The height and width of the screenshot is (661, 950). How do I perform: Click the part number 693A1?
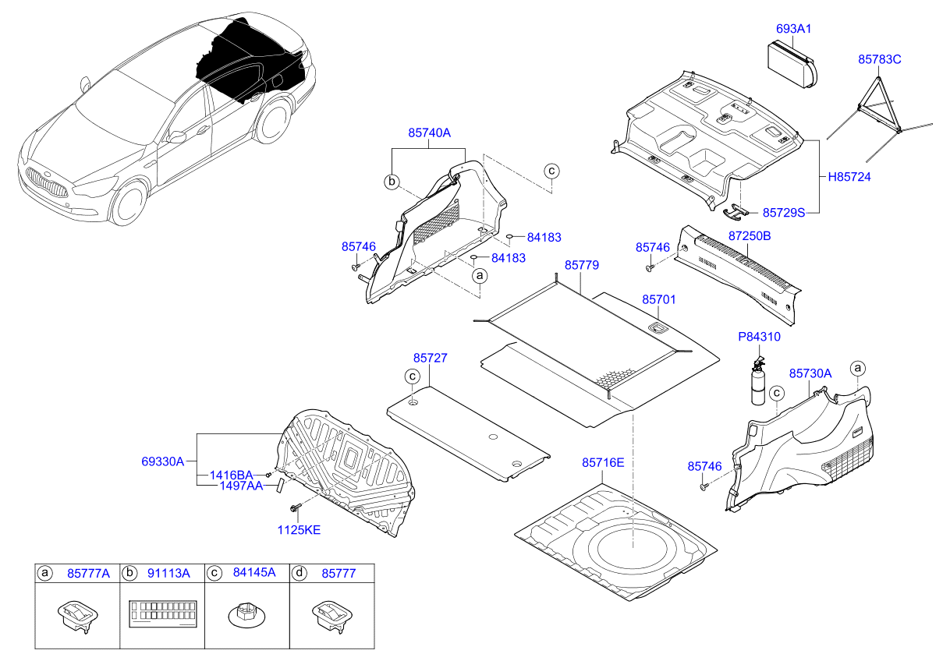[x=793, y=29]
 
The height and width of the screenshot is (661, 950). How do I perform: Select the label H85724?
[x=849, y=177]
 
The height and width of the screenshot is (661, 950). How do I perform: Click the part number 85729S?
[x=783, y=212]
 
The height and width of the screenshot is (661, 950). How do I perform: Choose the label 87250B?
[x=750, y=236]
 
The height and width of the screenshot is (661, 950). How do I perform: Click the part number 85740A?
[x=429, y=133]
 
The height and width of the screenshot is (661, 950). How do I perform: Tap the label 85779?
[x=581, y=265]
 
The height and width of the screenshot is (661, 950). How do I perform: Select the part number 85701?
[x=658, y=299]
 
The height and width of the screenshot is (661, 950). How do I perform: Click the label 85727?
[x=430, y=358]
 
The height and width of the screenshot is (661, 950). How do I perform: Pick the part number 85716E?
[x=603, y=463]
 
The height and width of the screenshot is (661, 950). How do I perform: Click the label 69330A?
[x=162, y=461]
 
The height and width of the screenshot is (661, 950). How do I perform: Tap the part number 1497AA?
[x=241, y=486]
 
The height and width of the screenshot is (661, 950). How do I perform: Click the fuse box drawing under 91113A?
[x=163, y=613]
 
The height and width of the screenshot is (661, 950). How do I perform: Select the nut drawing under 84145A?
[x=247, y=616]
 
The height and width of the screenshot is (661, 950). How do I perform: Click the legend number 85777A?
[x=88, y=573]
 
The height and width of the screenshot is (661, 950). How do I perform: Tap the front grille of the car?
[x=47, y=182]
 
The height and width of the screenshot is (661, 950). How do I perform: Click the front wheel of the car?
[x=129, y=203]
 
